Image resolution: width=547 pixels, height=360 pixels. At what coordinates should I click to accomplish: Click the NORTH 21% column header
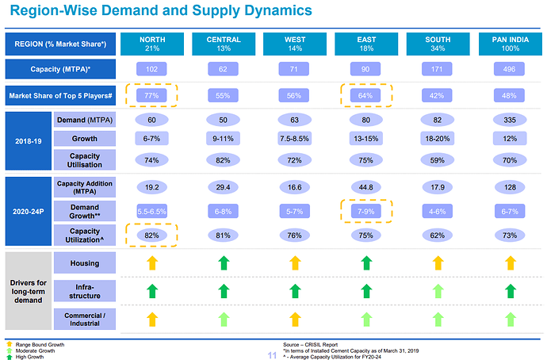(151, 44)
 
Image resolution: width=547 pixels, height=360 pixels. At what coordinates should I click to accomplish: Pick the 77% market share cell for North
(151, 94)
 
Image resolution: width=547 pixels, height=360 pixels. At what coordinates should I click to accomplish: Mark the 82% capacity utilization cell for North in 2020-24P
(151, 235)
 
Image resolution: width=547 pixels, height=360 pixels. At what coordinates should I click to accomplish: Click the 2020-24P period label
(29, 212)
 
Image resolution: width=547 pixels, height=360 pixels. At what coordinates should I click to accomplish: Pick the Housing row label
(88, 262)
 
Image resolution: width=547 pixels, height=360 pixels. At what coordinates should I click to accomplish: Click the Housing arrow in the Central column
(224, 262)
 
